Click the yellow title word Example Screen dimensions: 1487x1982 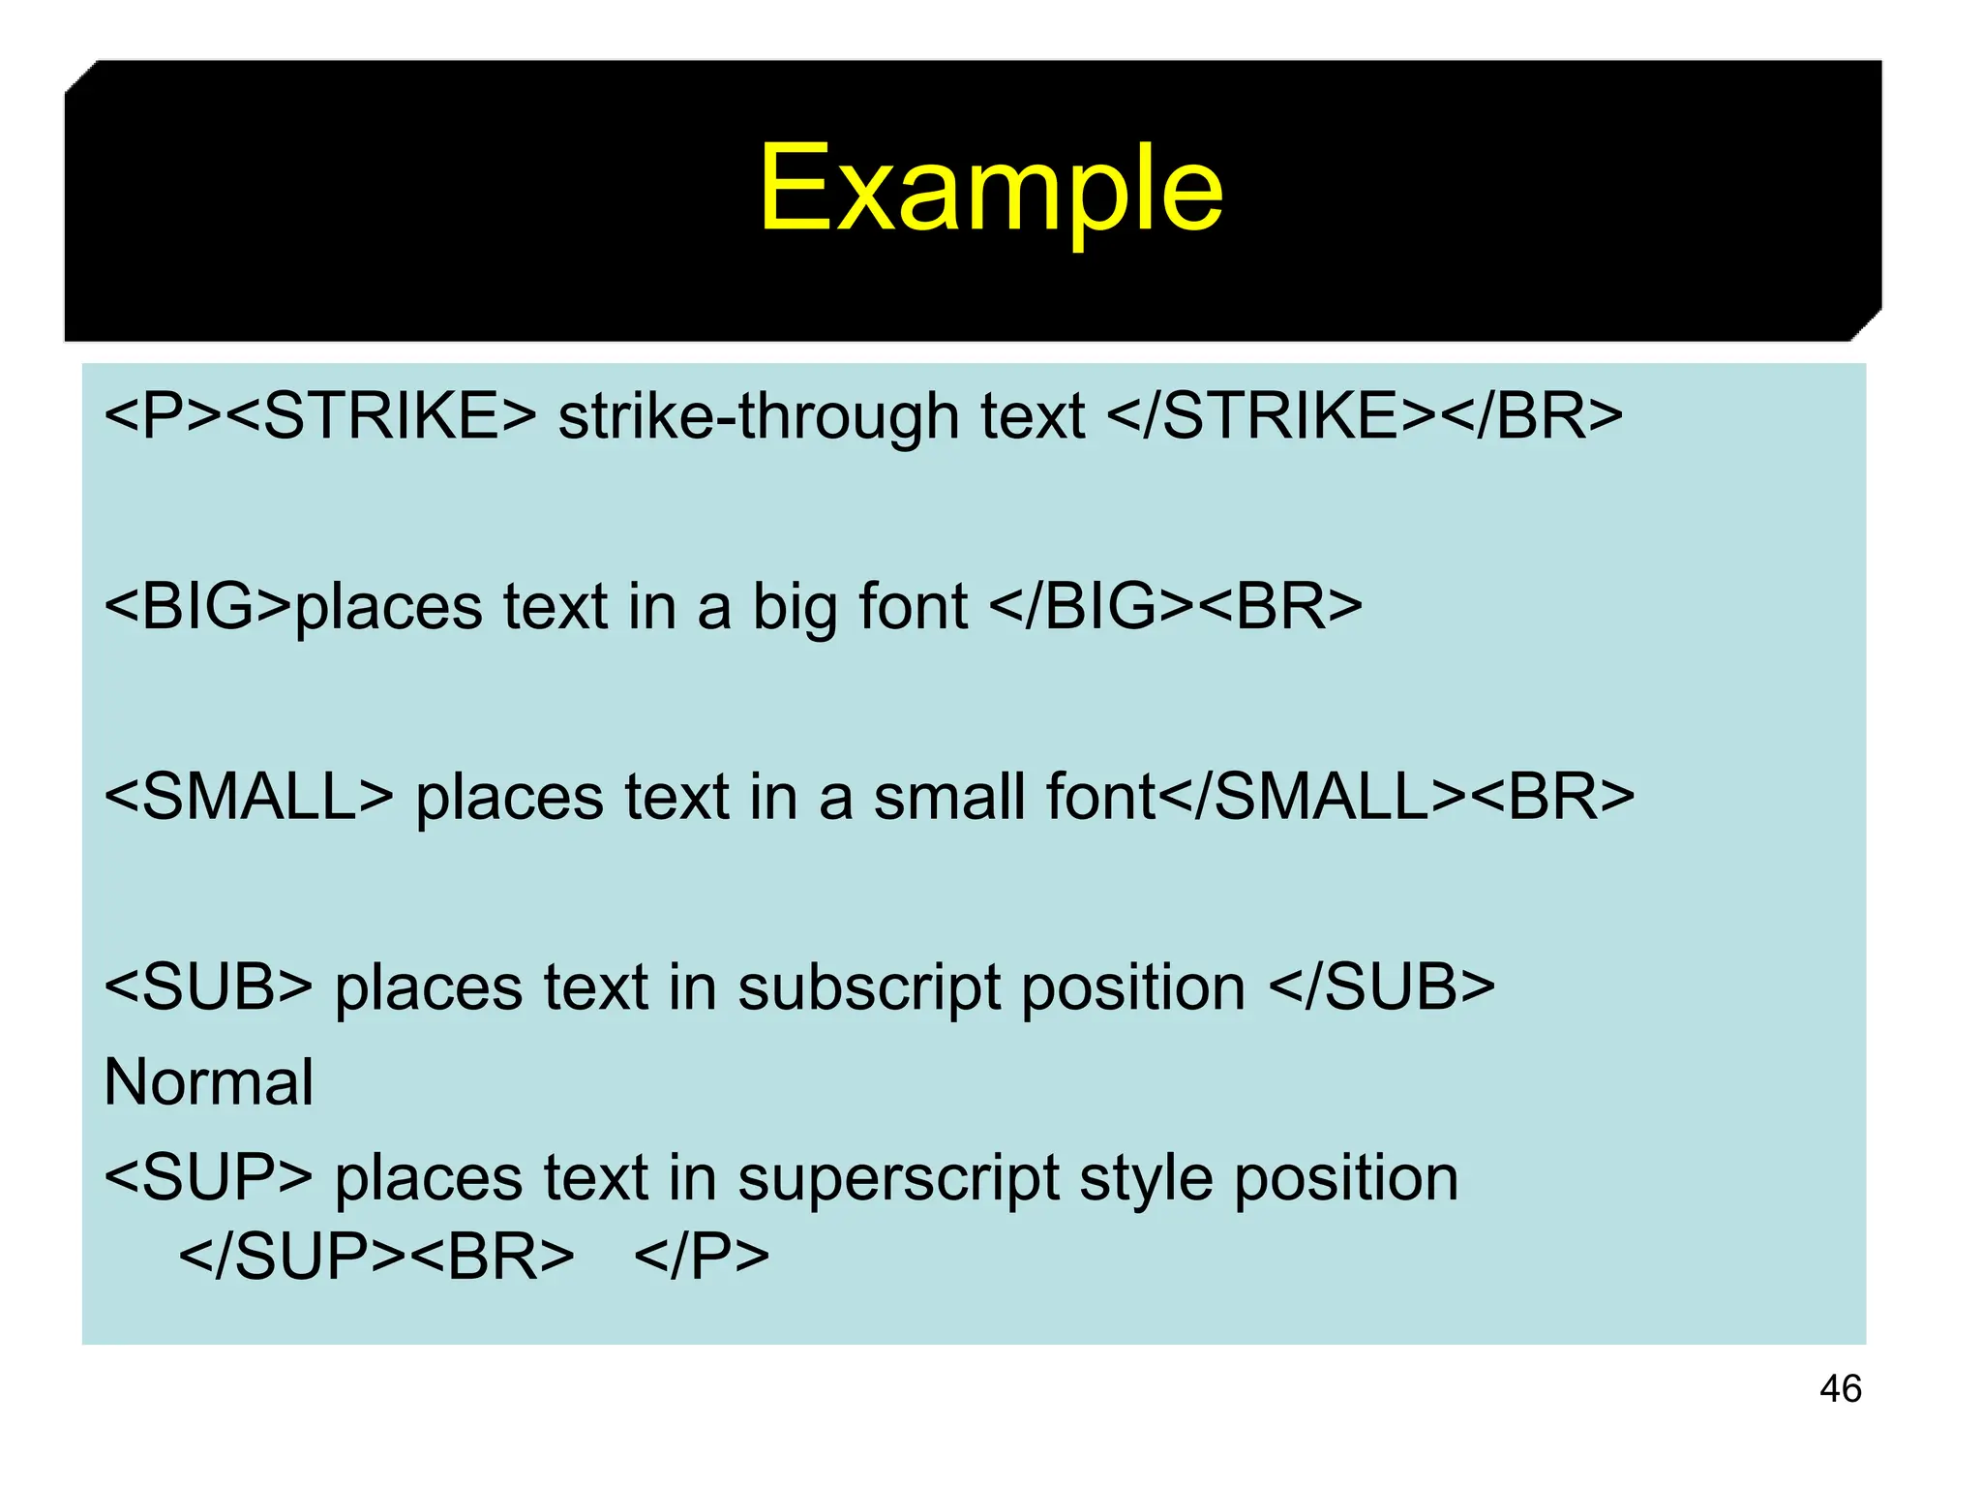990,190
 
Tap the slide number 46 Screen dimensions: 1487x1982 1840,1388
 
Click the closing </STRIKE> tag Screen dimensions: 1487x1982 1271,416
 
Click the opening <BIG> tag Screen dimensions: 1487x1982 197,607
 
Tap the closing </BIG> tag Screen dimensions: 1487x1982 1092,607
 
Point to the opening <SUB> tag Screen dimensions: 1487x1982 208,988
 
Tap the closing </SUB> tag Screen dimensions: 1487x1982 1381,988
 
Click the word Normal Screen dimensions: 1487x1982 208,1082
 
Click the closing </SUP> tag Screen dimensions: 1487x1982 291,1258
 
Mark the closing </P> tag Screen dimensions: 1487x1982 702,1258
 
